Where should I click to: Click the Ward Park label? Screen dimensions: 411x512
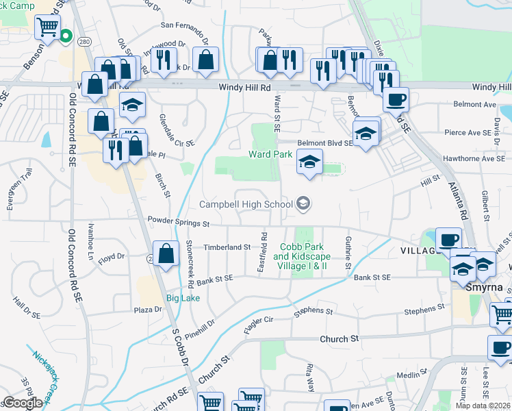coord(270,155)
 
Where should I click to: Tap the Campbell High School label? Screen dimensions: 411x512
coord(246,204)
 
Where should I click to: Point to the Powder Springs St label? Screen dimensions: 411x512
coord(178,222)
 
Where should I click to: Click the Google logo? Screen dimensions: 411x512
coord(22,403)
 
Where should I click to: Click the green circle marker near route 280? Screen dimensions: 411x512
coord(66,36)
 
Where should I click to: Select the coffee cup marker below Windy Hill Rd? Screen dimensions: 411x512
coord(396,100)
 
